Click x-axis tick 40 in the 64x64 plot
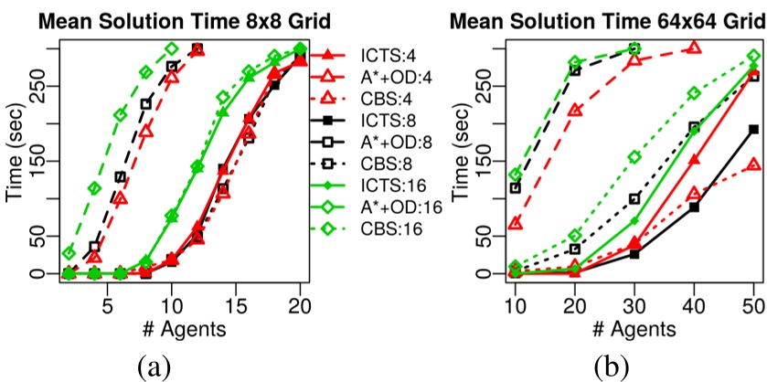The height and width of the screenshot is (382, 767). point(693,302)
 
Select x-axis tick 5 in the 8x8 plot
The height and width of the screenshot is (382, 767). point(107,302)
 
